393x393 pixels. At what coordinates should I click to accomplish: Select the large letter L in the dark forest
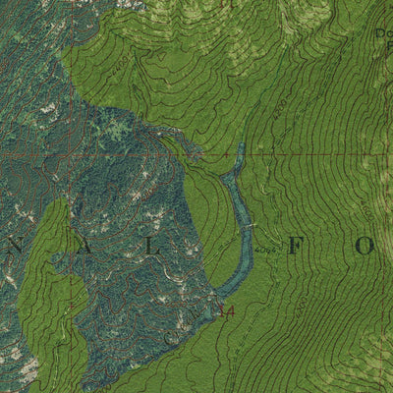154,248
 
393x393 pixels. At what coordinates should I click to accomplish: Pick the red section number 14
228,311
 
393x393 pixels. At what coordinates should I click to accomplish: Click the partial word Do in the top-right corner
383,34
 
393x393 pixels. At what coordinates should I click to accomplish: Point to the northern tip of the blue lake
241,146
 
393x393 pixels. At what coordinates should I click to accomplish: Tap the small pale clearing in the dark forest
118,128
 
